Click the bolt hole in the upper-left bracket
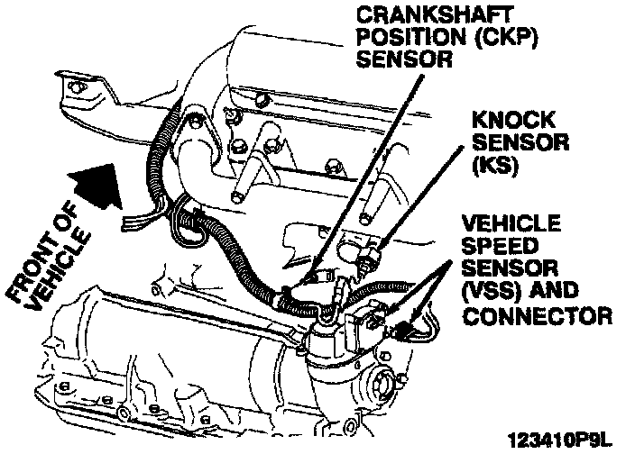[78, 86]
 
